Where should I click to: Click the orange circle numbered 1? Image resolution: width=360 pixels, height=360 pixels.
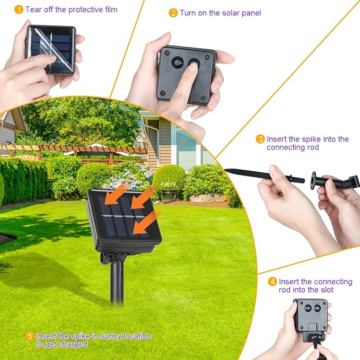click(19, 10)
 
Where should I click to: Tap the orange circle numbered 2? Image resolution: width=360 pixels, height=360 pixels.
click(173, 13)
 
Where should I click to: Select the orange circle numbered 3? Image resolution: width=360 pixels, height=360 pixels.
click(260, 139)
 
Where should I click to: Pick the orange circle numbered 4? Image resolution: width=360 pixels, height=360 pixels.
click(273, 282)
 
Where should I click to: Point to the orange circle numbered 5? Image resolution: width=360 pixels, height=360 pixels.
click(30, 336)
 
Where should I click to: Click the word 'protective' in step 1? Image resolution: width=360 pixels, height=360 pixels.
click(86, 10)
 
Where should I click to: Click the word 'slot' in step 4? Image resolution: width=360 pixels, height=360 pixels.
click(327, 289)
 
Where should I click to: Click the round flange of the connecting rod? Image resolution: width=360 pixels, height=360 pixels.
click(313, 180)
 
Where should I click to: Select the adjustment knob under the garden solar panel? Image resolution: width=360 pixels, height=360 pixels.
click(105, 258)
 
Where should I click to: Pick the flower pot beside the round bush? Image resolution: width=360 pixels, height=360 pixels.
click(169, 196)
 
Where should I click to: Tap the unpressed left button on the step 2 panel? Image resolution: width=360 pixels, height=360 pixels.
click(178, 63)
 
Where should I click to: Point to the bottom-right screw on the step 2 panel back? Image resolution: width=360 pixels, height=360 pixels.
click(203, 98)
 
